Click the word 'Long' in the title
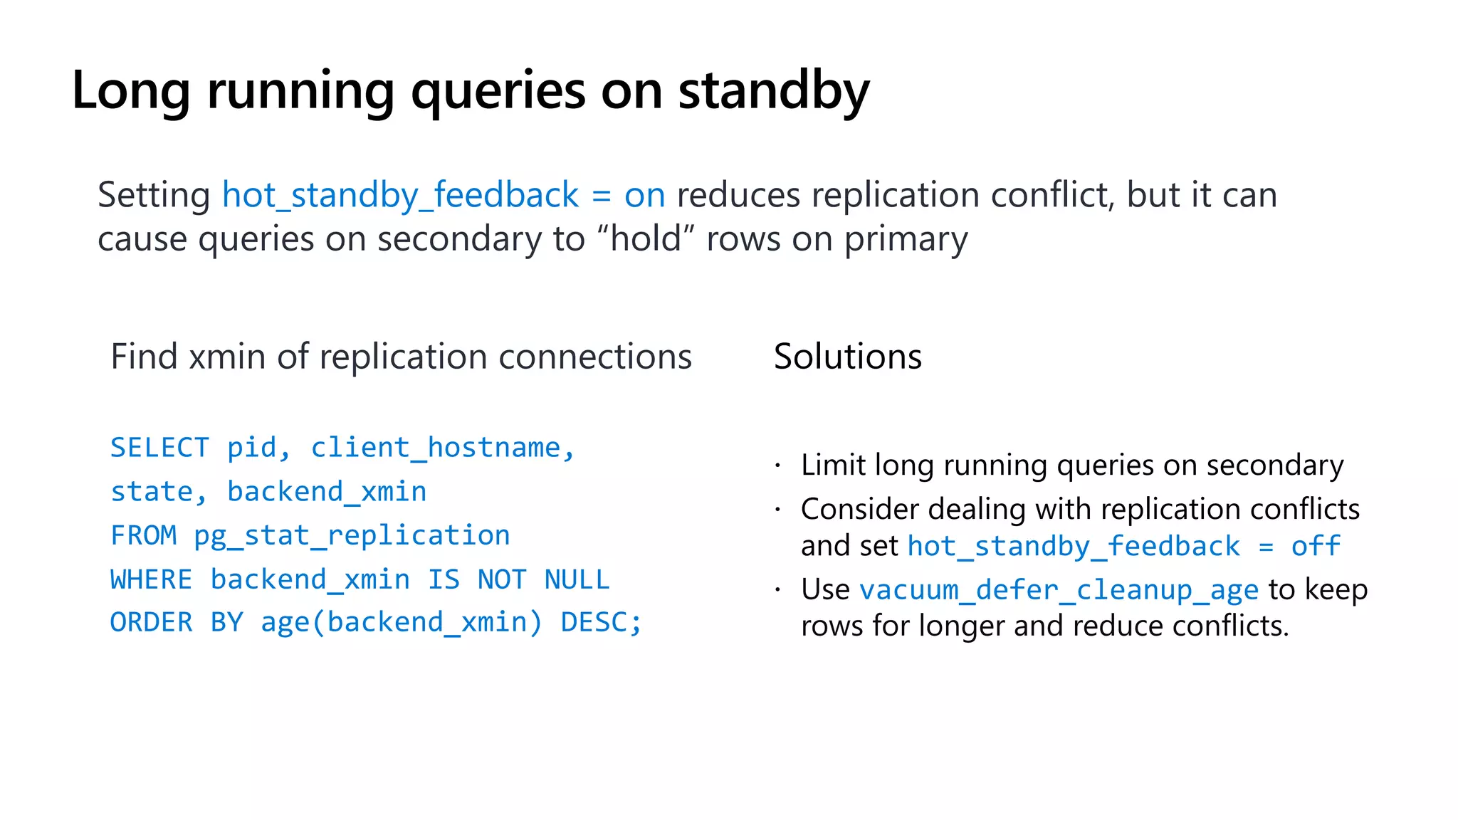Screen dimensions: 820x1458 coord(130,91)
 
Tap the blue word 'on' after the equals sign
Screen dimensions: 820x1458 coord(644,195)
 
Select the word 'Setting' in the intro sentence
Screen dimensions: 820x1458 coord(154,195)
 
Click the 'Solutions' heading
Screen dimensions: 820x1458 coord(847,356)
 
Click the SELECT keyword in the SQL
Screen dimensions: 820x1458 coord(159,448)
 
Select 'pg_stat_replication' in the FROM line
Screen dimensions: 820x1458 coord(352,535)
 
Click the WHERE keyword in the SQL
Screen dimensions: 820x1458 coord(151,579)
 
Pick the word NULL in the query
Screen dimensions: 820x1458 coord(577,579)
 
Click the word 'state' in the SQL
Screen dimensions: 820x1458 coord(152,492)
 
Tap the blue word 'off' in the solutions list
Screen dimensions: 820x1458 coord(1316,546)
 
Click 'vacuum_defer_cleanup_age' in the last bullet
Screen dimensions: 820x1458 coord(1059,590)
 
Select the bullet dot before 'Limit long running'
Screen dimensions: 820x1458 coord(778,466)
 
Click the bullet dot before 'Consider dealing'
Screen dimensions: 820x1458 coord(778,510)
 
